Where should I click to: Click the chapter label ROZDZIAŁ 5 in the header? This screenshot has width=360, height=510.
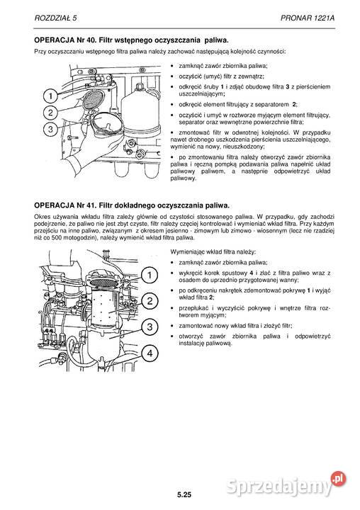coord(56,18)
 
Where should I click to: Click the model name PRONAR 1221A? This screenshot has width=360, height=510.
coord(308,18)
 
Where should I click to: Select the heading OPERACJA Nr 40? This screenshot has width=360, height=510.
coord(64,40)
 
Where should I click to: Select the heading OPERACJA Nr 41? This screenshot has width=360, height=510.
coord(64,205)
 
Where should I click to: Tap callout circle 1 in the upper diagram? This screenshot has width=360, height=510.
coord(50,96)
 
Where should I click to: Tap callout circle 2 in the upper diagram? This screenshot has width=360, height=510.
coord(50,113)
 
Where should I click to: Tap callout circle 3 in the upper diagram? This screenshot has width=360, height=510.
coord(50,130)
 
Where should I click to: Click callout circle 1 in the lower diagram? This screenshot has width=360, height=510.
coord(150,275)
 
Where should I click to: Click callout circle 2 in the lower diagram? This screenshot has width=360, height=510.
coord(150,301)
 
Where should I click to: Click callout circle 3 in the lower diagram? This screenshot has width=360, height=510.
coord(150,327)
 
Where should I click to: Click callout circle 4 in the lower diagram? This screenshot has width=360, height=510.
coord(150,353)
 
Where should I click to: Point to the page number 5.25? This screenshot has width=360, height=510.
coord(184,495)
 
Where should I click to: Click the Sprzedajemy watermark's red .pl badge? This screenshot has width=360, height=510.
coord(338,479)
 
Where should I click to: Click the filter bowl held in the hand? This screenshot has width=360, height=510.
coord(108,124)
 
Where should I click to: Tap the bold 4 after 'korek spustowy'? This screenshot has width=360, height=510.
coord(251,273)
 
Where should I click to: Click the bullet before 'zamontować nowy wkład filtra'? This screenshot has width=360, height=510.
coord(172,326)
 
